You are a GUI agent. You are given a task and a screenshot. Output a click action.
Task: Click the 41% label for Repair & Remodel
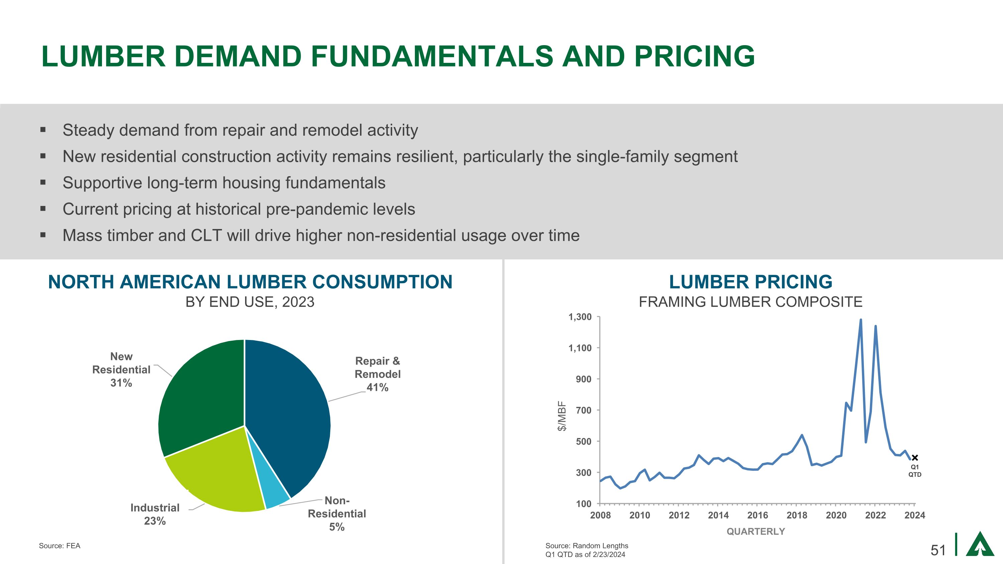click(x=377, y=387)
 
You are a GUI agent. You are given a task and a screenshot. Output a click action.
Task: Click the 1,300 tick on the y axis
click(x=580, y=317)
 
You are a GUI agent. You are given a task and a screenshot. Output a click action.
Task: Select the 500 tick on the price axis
click(x=584, y=441)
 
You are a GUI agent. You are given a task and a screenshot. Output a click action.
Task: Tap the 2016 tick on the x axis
click(x=757, y=515)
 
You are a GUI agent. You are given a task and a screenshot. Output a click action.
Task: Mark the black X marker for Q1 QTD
click(x=915, y=458)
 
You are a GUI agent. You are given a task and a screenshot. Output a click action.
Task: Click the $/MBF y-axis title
click(x=561, y=416)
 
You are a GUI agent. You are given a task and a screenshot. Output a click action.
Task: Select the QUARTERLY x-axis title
click(x=756, y=531)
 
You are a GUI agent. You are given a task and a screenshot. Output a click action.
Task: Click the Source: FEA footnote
click(x=60, y=546)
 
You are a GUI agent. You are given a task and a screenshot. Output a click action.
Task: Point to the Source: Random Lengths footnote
click(x=587, y=546)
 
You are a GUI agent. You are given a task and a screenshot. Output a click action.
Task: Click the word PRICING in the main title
click(x=695, y=56)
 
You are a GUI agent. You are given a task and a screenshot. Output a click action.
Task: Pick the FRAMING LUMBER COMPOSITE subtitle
click(x=750, y=302)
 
